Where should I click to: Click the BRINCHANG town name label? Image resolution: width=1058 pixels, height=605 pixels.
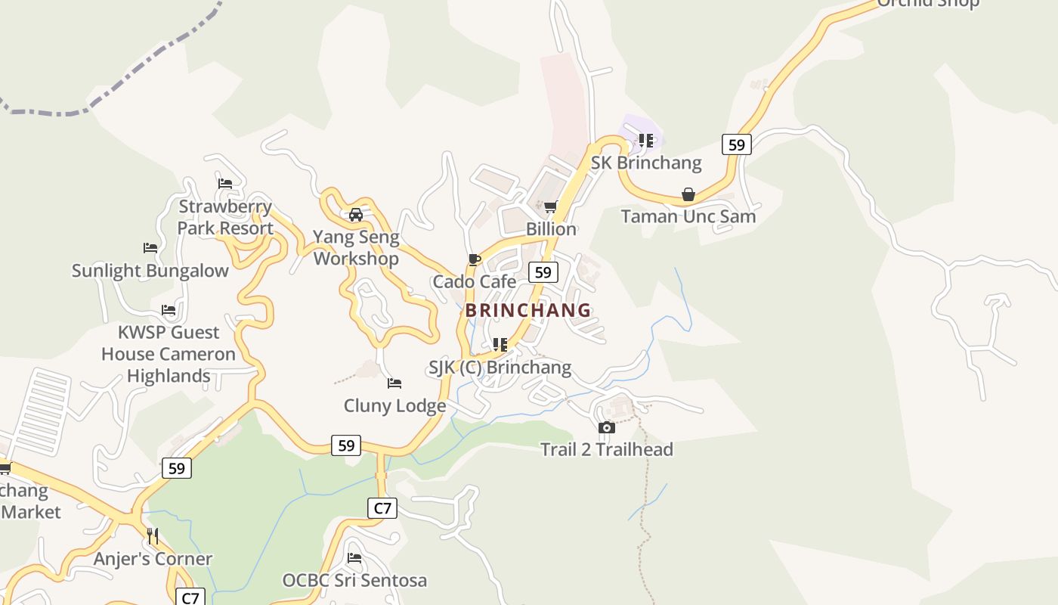pos(527,310)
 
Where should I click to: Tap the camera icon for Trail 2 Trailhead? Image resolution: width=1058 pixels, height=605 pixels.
pos(606,428)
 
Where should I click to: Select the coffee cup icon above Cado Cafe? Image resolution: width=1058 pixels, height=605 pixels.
pos(475,260)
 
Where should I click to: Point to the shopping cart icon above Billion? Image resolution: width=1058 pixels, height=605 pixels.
pos(551,207)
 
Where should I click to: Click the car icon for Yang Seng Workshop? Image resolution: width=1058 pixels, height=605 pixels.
pos(356,215)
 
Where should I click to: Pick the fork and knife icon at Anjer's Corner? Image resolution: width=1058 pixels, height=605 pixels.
pos(153,536)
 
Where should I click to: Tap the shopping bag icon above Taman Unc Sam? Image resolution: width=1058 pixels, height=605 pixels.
pos(688,195)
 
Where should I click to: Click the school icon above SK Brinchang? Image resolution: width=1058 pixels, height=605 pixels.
pos(646,141)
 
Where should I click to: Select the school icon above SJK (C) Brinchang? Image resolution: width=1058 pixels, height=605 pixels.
pos(500,346)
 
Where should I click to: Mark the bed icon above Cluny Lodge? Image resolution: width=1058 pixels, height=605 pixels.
pos(394,384)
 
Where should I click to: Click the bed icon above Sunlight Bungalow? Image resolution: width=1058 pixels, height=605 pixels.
pos(150,248)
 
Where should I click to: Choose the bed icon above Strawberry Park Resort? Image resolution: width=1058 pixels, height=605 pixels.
pos(225,184)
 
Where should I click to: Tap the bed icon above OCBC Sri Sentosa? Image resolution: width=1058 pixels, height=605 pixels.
pos(354,559)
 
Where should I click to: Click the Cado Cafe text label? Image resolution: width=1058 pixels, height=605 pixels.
pos(475,282)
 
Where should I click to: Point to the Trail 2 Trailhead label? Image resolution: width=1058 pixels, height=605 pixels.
pos(606,450)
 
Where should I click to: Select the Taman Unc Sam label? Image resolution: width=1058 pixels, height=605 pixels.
pos(688,217)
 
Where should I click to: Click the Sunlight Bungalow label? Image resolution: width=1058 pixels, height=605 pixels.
pos(150,271)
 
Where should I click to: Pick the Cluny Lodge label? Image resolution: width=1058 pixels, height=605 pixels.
pos(394,406)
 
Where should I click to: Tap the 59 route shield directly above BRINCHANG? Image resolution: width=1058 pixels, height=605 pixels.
pos(543,272)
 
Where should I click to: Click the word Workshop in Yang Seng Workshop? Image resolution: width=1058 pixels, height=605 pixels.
pos(356,259)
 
